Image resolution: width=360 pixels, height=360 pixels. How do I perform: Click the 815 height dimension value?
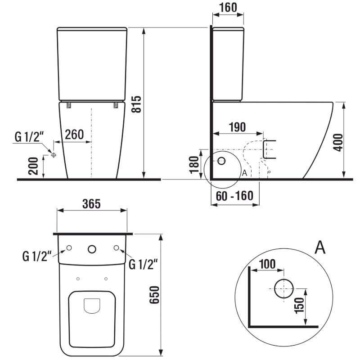(x=139, y=104)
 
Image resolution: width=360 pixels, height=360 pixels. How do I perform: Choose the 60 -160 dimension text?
(x=234, y=196)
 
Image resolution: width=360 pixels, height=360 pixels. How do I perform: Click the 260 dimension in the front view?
(x=74, y=135)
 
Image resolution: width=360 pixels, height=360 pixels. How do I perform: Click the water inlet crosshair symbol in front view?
(x=54, y=155)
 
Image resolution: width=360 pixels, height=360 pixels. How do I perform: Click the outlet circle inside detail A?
(x=283, y=288)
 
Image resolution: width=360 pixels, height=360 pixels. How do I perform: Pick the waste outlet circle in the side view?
(x=222, y=161)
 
